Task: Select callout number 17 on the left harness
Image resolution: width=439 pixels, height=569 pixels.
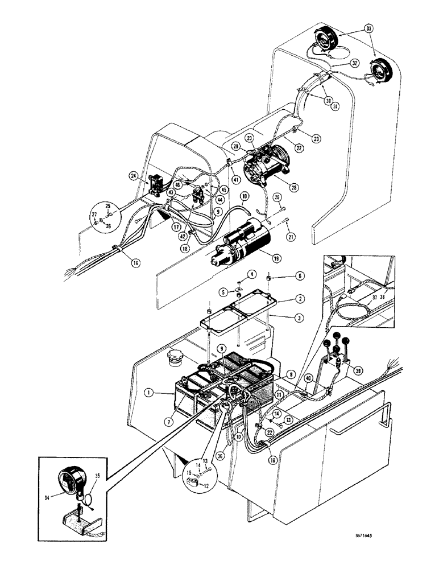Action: tap(162, 225)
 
